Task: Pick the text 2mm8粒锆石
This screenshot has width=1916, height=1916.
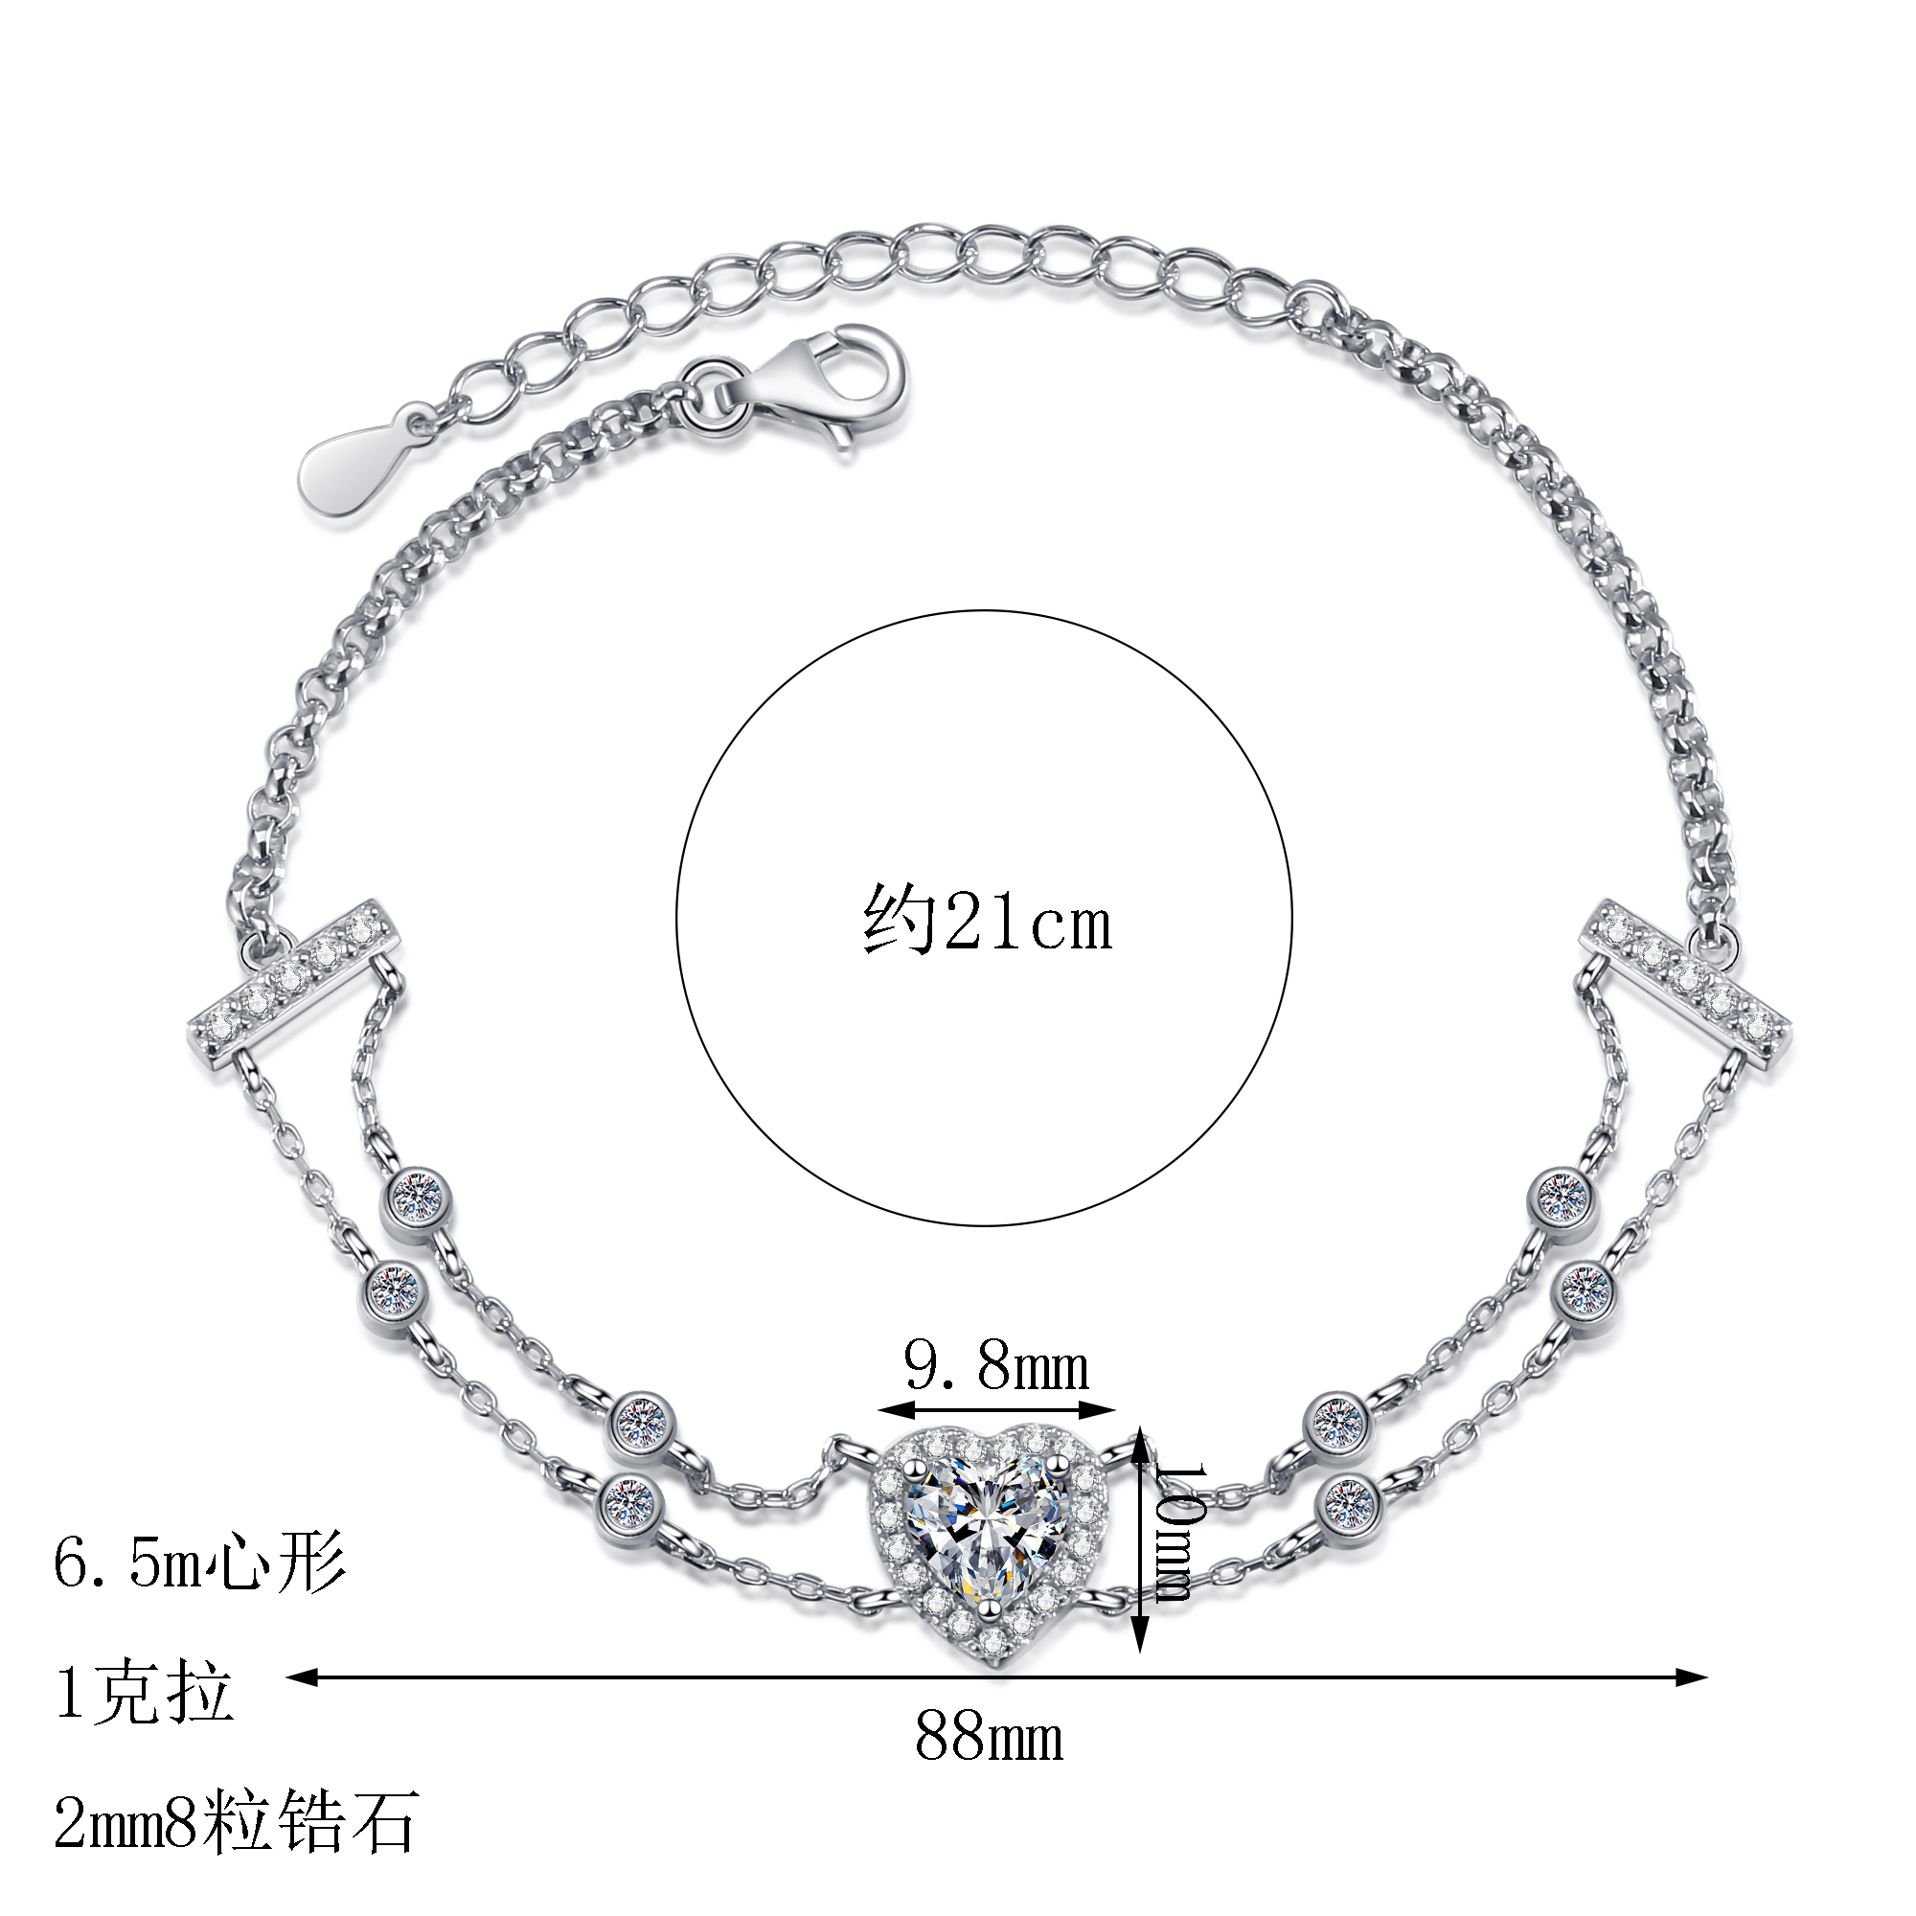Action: [236, 1821]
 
